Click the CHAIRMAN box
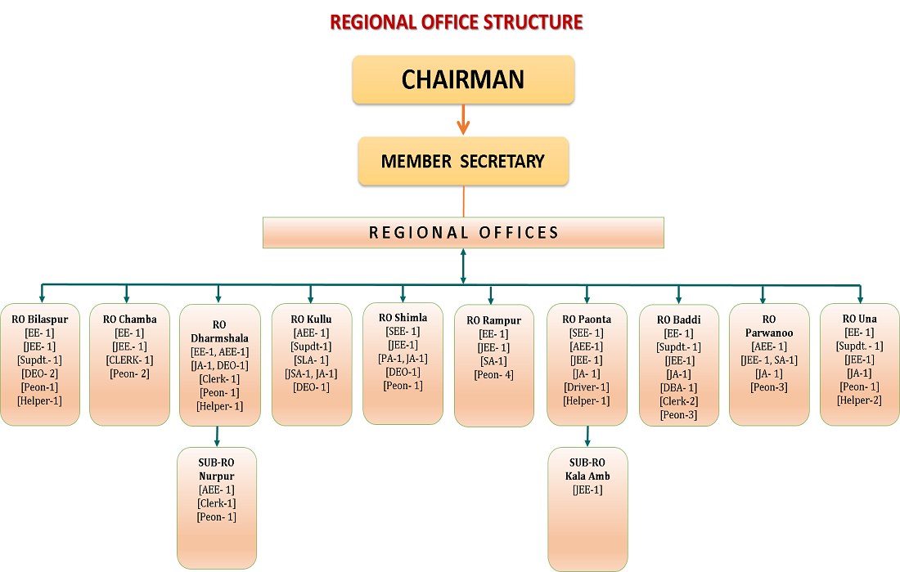[463, 79]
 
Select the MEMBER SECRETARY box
[463, 161]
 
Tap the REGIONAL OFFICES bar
[463, 233]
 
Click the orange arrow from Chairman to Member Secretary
[463, 119]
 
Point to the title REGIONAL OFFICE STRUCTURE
[457, 22]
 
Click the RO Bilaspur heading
[40, 319]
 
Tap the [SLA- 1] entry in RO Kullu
[311, 360]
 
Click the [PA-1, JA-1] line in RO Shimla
[403, 358]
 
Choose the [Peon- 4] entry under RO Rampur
[493, 374]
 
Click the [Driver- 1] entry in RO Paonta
[587, 387]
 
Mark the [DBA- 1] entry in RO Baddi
[678, 387]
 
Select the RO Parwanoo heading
[768, 326]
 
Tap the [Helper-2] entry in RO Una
[859, 400]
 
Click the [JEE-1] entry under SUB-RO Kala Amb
[587, 489]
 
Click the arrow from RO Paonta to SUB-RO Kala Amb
[587, 436]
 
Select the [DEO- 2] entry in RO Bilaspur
[39, 373]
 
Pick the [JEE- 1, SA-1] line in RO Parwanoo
[768, 360]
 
